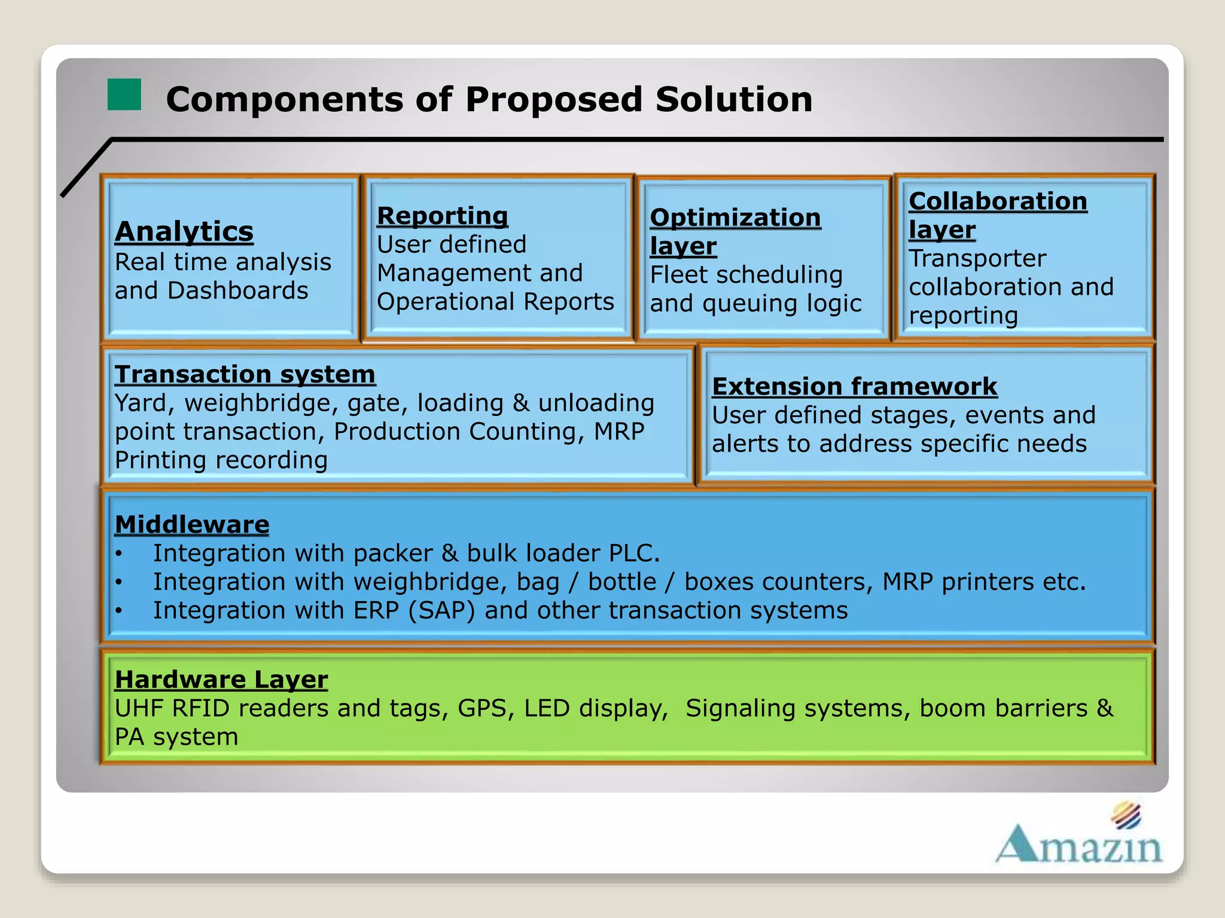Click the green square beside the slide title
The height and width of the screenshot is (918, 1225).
coord(124,94)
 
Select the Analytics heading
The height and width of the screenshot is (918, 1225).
coord(184,231)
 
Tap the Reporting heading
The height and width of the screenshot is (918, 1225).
coord(443,216)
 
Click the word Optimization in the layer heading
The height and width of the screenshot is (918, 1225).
coord(735,218)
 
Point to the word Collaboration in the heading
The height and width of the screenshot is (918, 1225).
coord(998,201)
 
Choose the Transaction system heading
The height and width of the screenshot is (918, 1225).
coord(245,375)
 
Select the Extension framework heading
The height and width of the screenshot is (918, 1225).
coord(854,387)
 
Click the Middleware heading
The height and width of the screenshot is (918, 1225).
coord(192,524)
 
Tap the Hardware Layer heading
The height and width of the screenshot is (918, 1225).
coord(221,680)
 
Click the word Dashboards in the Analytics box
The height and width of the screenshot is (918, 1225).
coord(238,291)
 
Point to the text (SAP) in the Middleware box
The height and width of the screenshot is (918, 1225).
coord(441,611)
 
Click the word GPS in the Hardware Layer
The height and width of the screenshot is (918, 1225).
coord(486,708)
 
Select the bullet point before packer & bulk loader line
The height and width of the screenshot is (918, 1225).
coord(119,554)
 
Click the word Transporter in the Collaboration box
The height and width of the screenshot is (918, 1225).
coord(977,259)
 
